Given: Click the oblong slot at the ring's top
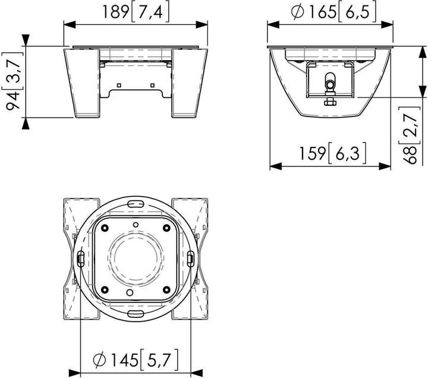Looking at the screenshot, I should (136, 203).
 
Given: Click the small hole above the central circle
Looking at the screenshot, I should (136, 224).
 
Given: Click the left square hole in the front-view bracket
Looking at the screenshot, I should (119, 84).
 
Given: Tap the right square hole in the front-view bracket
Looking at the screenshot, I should (152, 84).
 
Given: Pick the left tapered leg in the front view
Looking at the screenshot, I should (83, 83).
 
